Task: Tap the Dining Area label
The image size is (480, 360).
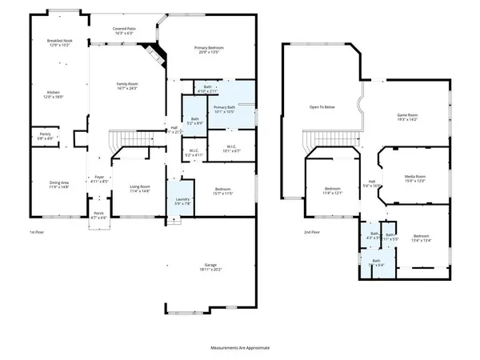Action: click(x=50, y=184)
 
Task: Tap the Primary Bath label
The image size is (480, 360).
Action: click(x=229, y=108)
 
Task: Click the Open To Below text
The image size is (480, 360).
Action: click(x=322, y=106)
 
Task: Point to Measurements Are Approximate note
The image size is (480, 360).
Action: click(x=240, y=348)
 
